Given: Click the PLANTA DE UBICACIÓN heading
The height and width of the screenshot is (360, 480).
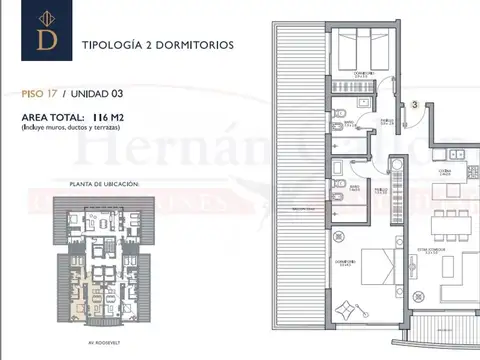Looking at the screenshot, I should click(x=104, y=185).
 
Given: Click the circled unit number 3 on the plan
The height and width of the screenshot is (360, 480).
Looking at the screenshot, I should click(x=413, y=104).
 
